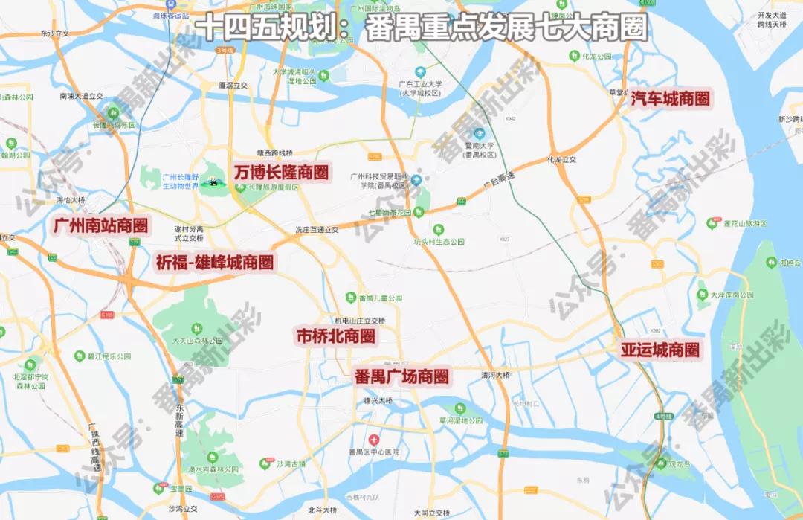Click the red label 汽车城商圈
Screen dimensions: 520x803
670,98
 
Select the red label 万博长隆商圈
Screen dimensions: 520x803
281,172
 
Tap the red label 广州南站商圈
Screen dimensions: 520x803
100,225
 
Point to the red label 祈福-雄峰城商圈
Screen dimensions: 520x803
214,262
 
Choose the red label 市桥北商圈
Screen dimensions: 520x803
335,335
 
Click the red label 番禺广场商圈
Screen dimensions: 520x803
401,376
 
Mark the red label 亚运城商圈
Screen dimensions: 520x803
660,349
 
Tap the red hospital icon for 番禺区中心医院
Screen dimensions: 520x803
374,440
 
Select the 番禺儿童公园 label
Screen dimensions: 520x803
380,298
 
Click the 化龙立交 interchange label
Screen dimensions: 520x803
561,159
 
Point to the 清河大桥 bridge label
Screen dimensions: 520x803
496,374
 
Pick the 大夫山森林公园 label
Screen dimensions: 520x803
197,341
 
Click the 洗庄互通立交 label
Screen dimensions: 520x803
317,229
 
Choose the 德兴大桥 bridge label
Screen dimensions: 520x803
378,400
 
